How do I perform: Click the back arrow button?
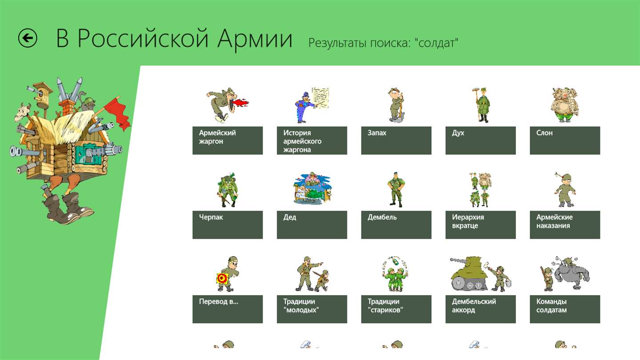click(28, 38)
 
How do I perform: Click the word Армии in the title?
click(255, 39)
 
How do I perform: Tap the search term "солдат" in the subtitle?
click(436, 43)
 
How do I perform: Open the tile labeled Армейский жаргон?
click(228, 140)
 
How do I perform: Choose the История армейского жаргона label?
click(312, 140)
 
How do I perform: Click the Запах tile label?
click(396, 140)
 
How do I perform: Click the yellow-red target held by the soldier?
click(222, 278)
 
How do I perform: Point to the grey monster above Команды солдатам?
click(571, 273)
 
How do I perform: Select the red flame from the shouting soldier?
click(240, 103)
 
